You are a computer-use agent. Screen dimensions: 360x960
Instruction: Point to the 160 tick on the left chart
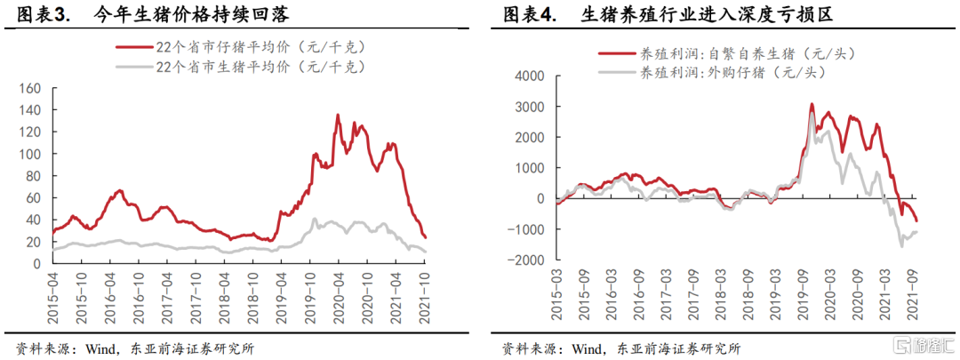pyautogui.click(x=31, y=89)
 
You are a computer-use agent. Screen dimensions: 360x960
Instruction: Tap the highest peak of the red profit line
pyautogui.click(x=812, y=104)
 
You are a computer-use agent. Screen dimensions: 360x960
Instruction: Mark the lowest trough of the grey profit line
pyautogui.click(x=901, y=245)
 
